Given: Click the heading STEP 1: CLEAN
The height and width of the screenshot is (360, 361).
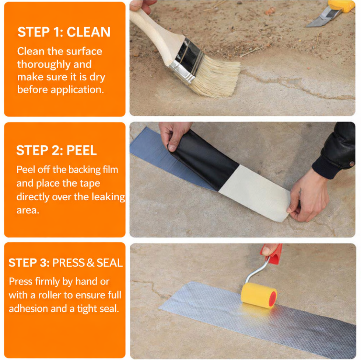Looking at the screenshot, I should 64,32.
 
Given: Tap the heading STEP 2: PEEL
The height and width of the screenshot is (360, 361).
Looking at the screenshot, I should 56,150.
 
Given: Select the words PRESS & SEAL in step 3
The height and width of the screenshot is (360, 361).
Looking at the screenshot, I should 87,263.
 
